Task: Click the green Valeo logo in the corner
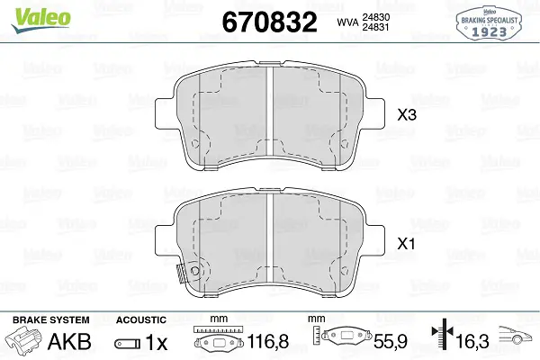[40, 20]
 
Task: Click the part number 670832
[269, 22]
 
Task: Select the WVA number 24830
[375, 17]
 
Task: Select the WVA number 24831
[375, 27]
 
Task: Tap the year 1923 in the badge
[489, 31]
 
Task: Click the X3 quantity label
[407, 115]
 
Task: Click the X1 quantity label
[407, 244]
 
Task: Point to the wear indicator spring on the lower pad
[181, 274]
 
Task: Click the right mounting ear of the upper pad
[374, 113]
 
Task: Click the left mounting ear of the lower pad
[166, 241]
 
